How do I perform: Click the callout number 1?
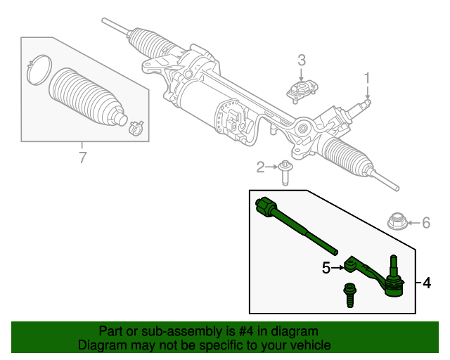coord(366,77)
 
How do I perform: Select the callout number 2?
coord(261,167)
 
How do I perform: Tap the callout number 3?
coord(301,60)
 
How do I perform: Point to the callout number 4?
coord(427,283)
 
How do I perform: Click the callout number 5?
coord(326,267)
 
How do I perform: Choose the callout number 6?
coord(425,224)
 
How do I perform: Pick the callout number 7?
coord(82,157)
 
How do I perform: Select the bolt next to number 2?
coord(285,171)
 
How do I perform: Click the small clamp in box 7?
coord(134,127)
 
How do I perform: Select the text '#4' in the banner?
coord(233,331)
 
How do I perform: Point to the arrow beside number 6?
coord(413,224)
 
